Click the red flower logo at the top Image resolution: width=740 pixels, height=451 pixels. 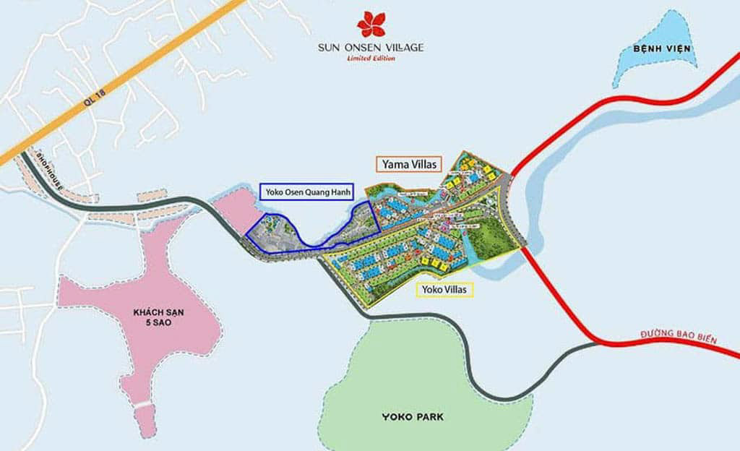point(371,25)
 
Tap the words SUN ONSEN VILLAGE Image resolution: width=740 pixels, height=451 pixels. point(371,48)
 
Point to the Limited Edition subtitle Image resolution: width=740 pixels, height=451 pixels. point(371,59)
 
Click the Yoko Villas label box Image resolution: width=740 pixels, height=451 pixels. point(446,290)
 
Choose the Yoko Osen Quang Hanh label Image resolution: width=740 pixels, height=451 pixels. point(306,192)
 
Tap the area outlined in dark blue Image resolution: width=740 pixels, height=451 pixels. point(289,235)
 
